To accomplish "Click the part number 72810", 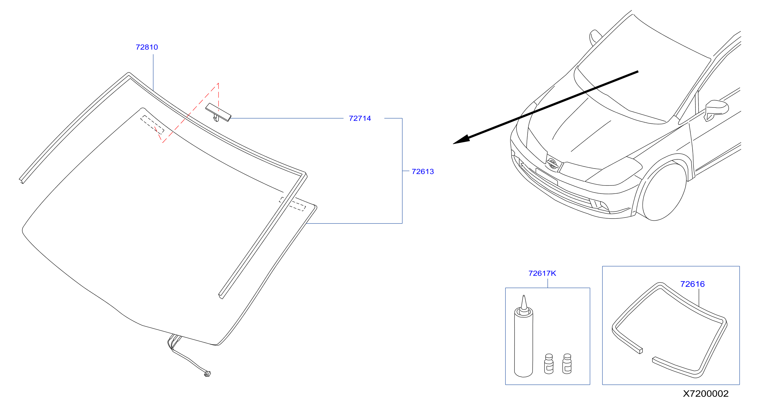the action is point(147,47).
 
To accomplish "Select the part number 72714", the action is point(360,118).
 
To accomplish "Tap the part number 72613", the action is point(423,171).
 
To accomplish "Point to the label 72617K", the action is point(542,273).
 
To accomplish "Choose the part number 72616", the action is point(692,284).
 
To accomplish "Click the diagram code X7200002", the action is point(705,394).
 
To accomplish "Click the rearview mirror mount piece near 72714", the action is point(218,112).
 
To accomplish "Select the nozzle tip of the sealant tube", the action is point(524,296).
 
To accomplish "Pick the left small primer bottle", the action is point(549,364).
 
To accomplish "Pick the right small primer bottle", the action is point(567,364).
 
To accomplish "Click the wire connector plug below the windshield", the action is point(207,374).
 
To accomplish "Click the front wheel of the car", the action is point(664,191).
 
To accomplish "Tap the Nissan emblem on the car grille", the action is point(552,163).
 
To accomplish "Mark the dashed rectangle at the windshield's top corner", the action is point(152,125).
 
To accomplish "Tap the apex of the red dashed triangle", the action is point(218,83).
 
